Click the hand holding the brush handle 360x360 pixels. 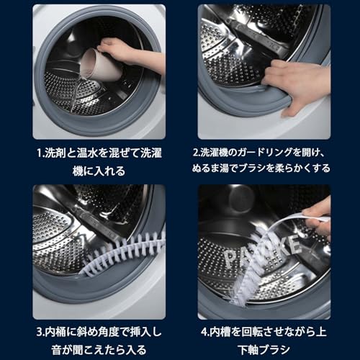(317, 222)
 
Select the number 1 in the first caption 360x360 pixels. (40, 153)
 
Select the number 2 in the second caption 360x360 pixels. (196, 153)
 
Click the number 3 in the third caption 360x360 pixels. (40, 332)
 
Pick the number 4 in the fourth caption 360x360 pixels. (204, 332)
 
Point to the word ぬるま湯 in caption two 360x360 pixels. (210, 168)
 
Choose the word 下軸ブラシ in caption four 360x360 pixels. (264, 350)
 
